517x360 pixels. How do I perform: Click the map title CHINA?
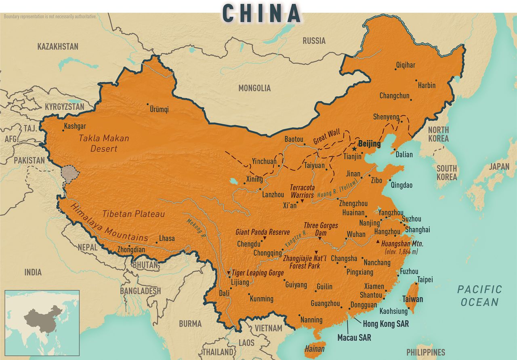pyautogui.click(x=261, y=13)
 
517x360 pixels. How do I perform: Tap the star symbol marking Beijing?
pyautogui.click(x=354, y=149)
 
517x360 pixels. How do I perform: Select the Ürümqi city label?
pyautogui.click(x=159, y=109)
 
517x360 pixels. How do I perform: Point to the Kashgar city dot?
pyautogui.click(x=63, y=130)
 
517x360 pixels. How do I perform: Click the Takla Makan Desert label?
pyautogui.click(x=104, y=143)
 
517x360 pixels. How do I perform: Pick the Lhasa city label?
pyautogui.click(x=167, y=238)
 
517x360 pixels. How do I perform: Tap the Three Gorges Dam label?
pyautogui.click(x=321, y=229)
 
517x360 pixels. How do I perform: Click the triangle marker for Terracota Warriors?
pyautogui.click(x=302, y=201)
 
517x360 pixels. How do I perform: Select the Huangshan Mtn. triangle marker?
pyautogui.click(x=378, y=242)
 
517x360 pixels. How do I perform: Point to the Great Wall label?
pyautogui.click(x=326, y=137)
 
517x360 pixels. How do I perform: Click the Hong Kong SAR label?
pyautogui.click(x=386, y=324)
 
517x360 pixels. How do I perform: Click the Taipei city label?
pyautogui.click(x=425, y=280)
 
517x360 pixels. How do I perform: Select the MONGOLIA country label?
pyautogui.click(x=254, y=88)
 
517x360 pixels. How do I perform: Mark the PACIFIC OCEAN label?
pyautogui.click(x=479, y=295)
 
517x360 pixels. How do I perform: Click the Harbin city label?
pyautogui.click(x=427, y=85)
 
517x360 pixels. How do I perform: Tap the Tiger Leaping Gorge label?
pyautogui.click(x=257, y=273)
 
